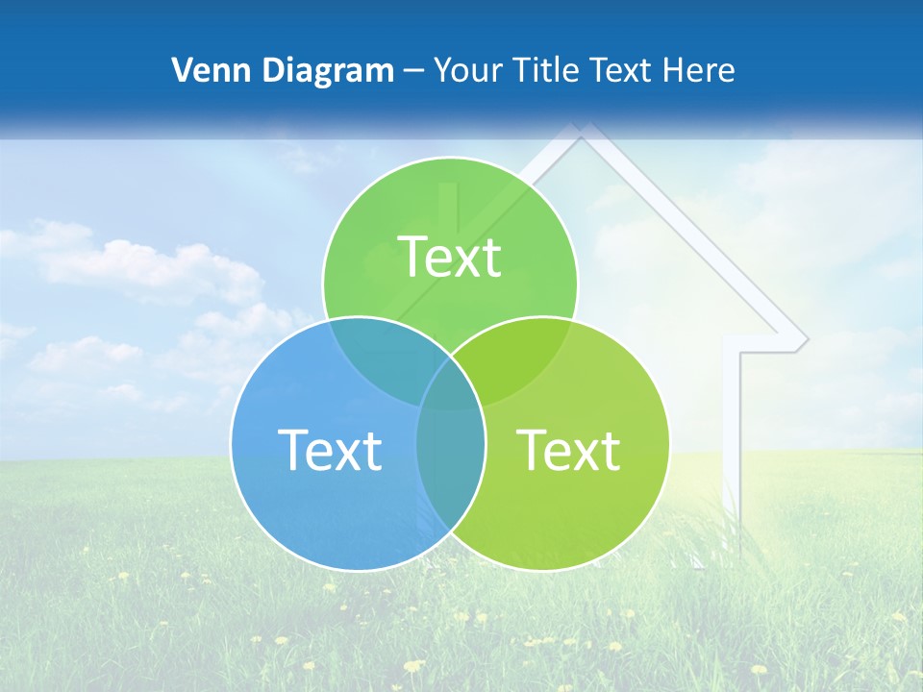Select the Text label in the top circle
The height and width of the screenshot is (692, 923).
[450, 257]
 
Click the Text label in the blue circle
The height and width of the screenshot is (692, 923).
[330, 450]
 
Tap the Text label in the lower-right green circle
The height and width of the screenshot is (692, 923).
[568, 450]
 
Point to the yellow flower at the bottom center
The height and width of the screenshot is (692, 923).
[413, 665]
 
